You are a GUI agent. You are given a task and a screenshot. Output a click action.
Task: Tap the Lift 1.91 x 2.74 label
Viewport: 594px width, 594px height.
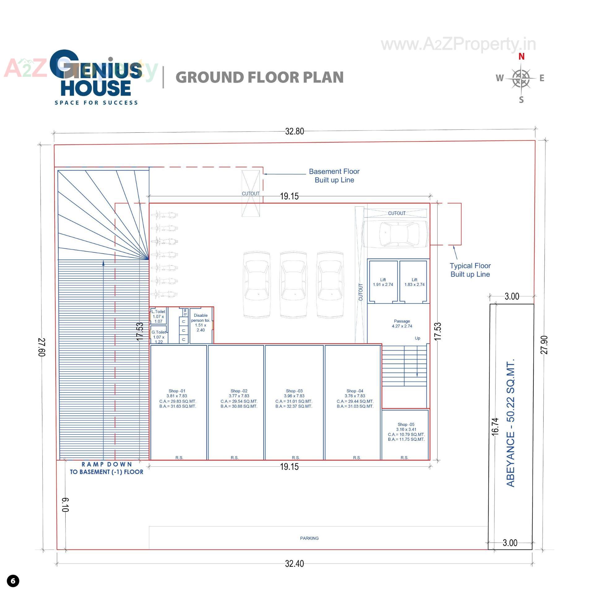tap(383, 282)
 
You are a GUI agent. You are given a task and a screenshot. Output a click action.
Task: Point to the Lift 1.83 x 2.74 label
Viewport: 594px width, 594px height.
tap(414, 282)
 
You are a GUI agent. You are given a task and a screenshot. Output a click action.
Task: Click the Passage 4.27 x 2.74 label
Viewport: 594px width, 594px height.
tap(402, 324)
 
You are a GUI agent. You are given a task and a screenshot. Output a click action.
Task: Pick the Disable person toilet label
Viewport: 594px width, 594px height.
tap(200, 323)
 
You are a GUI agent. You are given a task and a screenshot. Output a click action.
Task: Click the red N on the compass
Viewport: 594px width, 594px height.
tap(521, 57)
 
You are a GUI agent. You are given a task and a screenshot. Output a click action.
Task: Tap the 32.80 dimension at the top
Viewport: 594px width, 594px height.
tap(294, 131)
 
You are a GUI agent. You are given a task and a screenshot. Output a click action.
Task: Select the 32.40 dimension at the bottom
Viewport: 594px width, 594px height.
tap(294, 564)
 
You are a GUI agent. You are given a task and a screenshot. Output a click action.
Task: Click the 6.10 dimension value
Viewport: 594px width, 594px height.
tap(65, 505)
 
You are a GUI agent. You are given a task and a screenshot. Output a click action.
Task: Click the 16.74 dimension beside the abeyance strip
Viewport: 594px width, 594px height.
tap(495, 427)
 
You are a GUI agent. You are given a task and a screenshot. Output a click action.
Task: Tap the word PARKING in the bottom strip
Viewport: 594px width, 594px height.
tap(309, 538)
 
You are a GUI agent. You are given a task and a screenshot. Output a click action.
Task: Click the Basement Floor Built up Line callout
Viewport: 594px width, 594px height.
tap(334, 176)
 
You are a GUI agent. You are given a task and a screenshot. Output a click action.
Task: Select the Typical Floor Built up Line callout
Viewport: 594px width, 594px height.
tap(470, 270)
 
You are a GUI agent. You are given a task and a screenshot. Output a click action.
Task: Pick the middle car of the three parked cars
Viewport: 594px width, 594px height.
tap(293, 285)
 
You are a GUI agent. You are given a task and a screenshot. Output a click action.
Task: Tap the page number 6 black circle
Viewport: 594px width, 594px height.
tap(13, 581)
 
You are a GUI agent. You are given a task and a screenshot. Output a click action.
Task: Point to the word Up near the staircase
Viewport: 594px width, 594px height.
tap(417, 338)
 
